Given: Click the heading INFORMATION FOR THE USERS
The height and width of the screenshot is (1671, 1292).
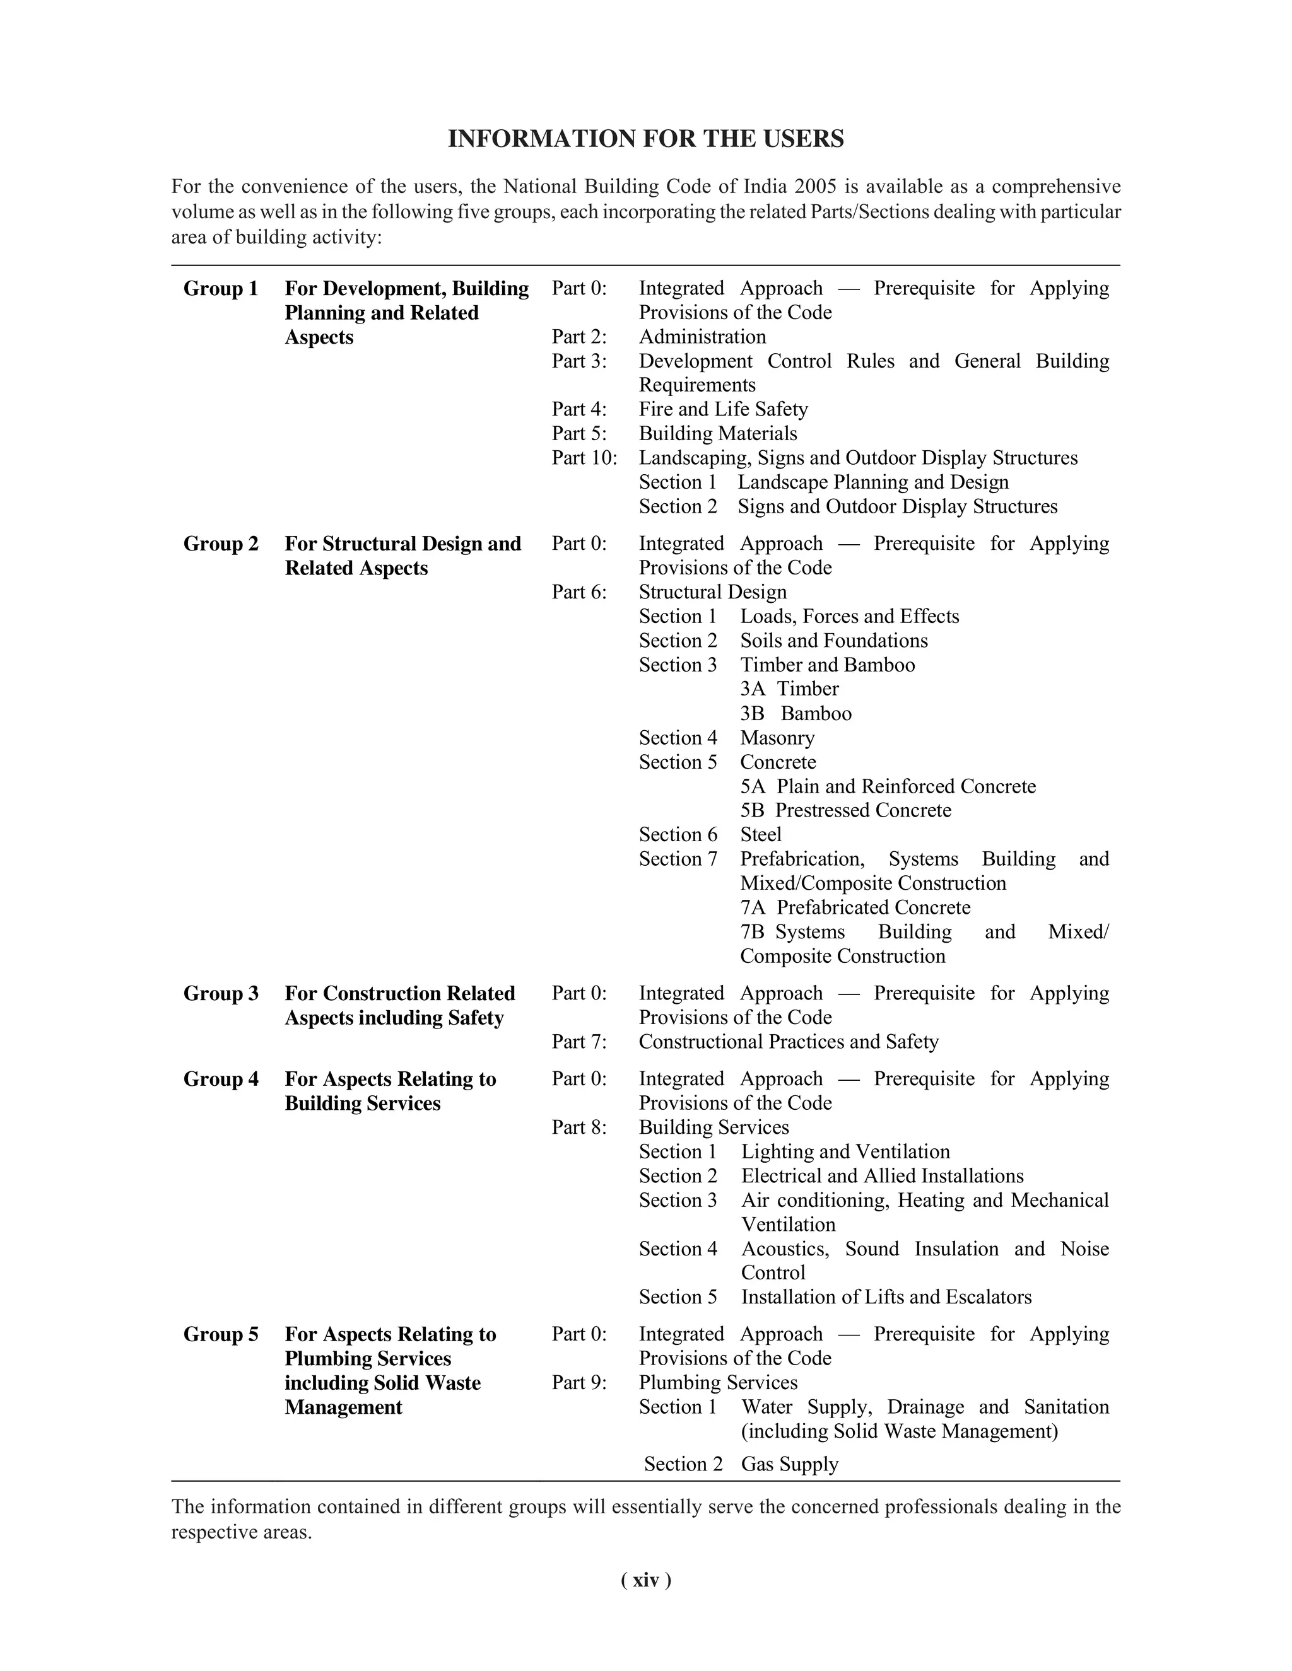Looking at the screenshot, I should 645,139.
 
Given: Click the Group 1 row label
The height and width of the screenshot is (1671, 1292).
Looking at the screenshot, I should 220,288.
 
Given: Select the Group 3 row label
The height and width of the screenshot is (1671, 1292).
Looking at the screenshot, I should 220,993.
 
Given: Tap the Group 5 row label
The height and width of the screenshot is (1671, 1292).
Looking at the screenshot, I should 220,1334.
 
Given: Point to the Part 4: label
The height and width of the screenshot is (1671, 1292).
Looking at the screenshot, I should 578,409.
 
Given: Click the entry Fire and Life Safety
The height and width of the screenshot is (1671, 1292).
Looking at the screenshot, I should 724,409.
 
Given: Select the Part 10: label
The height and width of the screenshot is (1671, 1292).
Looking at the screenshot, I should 584,458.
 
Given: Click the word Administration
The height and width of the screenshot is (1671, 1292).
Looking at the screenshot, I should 702,337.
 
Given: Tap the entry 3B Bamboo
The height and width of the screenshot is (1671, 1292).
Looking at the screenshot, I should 796,714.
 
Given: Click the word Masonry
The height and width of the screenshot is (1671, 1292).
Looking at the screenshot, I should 777,738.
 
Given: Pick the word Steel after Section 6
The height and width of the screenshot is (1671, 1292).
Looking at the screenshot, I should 760,835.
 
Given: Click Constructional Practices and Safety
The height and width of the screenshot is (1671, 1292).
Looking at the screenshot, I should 789,1042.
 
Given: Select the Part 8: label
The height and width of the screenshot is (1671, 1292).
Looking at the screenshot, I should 578,1128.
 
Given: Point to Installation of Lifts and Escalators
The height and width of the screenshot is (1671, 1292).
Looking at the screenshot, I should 886,1298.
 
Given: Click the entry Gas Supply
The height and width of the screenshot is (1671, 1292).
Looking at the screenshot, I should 789,1464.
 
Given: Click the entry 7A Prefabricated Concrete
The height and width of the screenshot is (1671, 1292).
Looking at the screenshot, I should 855,907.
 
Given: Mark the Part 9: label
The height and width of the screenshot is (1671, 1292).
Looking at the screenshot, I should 578,1383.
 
